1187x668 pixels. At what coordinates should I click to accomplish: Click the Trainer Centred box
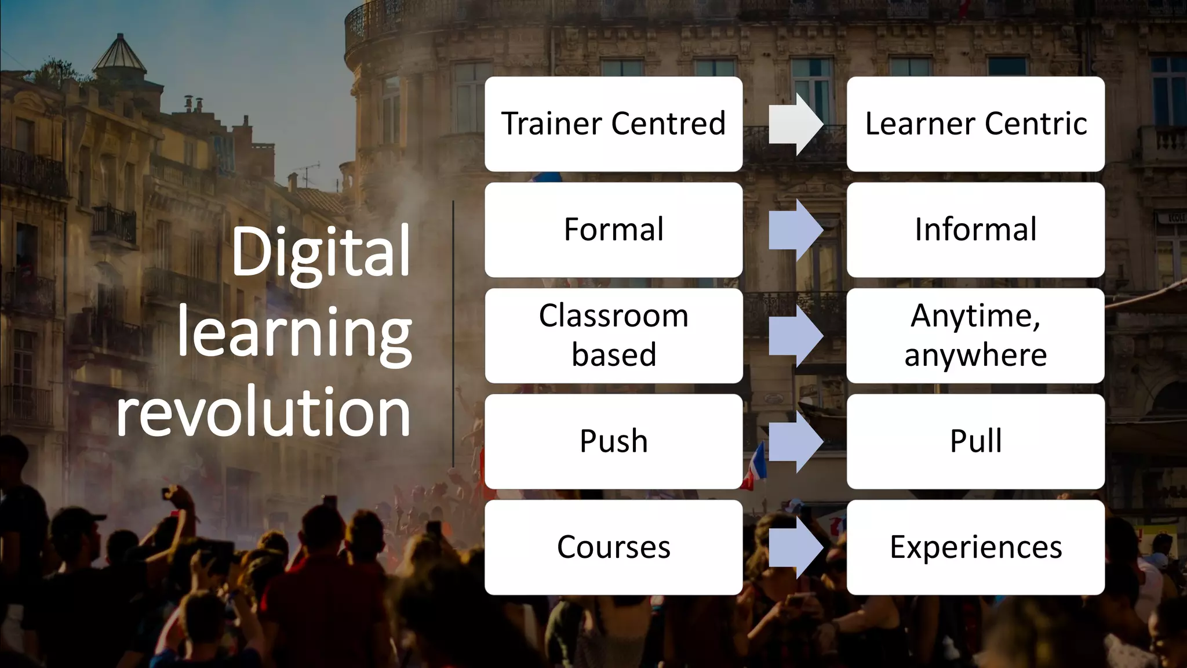(x=613, y=124)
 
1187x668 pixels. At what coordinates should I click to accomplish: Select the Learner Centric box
(x=975, y=124)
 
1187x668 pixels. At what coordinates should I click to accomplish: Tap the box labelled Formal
(x=613, y=230)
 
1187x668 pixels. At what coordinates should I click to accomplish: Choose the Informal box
(x=975, y=230)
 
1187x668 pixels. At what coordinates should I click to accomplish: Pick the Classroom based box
(x=613, y=335)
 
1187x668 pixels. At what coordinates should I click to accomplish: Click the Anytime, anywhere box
(x=975, y=335)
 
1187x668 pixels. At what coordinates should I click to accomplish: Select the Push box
(x=613, y=441)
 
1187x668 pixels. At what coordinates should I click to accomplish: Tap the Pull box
(x=975, y=441)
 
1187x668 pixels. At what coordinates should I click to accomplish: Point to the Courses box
(x=613, y=547)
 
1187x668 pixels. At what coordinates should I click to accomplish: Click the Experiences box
(x=975, y=547)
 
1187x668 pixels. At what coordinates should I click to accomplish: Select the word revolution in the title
(x=264, y=412)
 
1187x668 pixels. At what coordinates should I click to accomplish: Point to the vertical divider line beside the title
(x=453, y=333)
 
